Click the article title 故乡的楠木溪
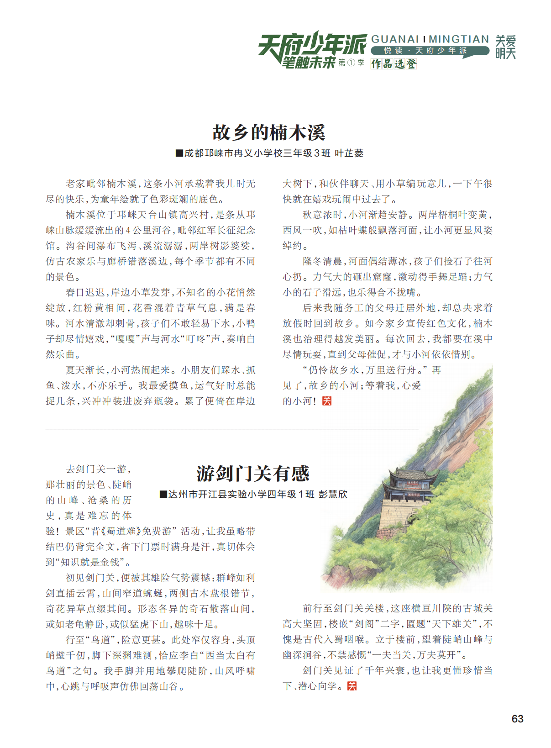click(269, 132)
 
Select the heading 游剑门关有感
click(253, 474)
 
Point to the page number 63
click(517, 719)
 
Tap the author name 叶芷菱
click(349, 153)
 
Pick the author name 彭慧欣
click(333, 494)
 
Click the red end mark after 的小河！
click(327, 401)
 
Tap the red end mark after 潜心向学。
click(352, 686)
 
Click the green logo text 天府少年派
click(312, 44)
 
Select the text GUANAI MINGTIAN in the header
click(430, 39)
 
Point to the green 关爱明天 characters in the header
click(505, 47)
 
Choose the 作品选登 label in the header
click(394, 64)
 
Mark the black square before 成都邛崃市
click(179, 153)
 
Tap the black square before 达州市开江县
click(163, 494)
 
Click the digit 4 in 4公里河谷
click(128, 231)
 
